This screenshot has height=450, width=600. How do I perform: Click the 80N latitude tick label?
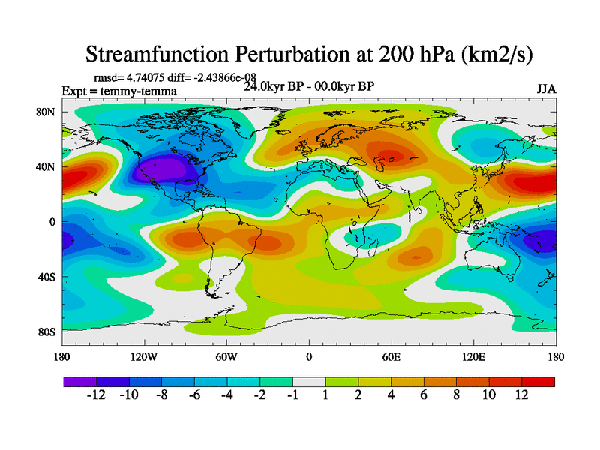tap(49, 112)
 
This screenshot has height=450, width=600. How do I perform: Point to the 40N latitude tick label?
tap(49, 166)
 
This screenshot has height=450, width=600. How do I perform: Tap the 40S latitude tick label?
tap(49, 277)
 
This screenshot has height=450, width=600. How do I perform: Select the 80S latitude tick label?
tap(49, 331)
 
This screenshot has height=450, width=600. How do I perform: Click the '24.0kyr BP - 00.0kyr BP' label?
tap(309, 86)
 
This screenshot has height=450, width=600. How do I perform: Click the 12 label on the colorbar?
tap(522, 395)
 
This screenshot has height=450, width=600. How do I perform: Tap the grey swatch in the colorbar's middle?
tap(309, 382)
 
